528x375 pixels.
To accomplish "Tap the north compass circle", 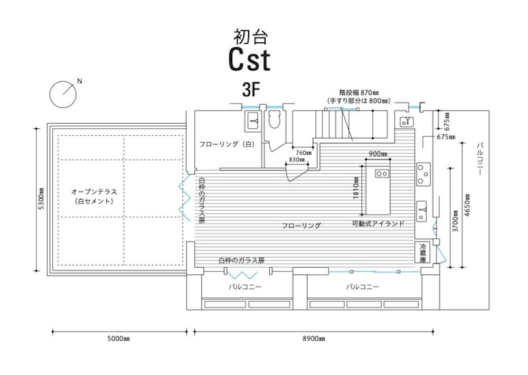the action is pyautogui.click(x=63, y=95).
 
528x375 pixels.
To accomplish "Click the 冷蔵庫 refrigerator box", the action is pyautogui.click(x=422, y=254).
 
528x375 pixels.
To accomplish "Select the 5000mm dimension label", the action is pyautogui.click(x=118, y=339).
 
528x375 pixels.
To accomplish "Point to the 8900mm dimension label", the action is pyautogui.click(x=314, y=339).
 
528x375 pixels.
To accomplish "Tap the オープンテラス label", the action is pyautogui.click(x=94, y=192).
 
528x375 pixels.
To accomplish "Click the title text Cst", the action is pyautogui.click(x=249, y=60).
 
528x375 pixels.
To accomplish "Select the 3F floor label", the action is pyautogui.click(x=251, y=90).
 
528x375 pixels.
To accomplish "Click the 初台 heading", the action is pyautogui.click(x=250, y=37).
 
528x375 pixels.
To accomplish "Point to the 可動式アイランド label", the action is pyautogui.click(x=378, y=223).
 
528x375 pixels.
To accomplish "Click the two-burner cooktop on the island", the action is pyautogui.click(x=382, y=174).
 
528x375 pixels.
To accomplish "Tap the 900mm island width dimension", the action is pyautogui.click(x=378, y=154).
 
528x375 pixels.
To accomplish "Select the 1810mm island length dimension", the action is pyautogui.click(x=356, y=189).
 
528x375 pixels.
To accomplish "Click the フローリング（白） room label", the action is pyautogui.click(x=227, y=144).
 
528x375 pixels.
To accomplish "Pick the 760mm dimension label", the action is pyautogui.click(x=304, y=153).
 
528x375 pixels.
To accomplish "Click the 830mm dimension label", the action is pyautogui.click(x=297, y=160).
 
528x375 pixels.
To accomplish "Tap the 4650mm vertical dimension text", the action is pyautogui.click(x=467, y=205).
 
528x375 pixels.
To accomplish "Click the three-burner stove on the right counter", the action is pyautogui.click(x=423, y=174).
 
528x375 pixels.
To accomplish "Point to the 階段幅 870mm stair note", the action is pyautogui.click(x=359, y=92).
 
